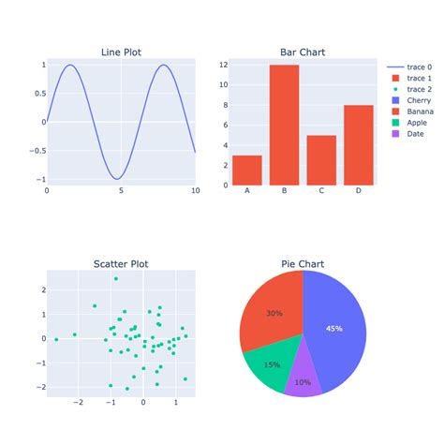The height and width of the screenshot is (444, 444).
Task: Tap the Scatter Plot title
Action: [121, 264]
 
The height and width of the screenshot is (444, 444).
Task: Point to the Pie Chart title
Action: [303, 264]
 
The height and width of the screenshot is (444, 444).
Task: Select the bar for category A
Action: [247, 170]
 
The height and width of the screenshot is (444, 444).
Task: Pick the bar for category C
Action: [321, 159]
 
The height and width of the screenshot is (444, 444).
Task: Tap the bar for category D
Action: [359, 144]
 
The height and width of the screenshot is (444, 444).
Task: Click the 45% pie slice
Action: [337, 328]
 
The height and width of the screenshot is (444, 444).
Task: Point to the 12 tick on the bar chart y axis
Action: [223, 65]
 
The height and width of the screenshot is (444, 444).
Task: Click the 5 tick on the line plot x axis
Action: [121, 191]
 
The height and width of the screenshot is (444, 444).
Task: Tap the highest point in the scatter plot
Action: [116, 279]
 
